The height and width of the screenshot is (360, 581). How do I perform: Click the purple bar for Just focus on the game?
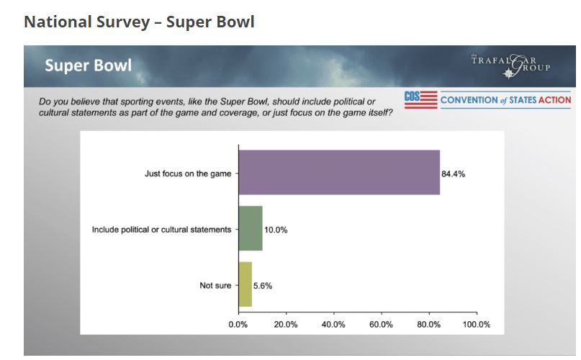[x=338, y=172]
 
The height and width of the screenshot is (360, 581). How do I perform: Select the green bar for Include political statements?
[x=250, y=229]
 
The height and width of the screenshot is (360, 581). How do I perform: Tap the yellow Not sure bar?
[x=245, y=285]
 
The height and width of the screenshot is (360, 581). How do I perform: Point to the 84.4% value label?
[x=454, y=174]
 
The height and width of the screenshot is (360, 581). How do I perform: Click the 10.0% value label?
[x=276, y=230]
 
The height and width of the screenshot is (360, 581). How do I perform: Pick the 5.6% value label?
[x=263, y=286]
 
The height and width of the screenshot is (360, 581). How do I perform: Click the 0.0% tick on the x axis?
[x=238, y=325]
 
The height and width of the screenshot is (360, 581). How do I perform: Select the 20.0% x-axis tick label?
[x=286, y=325]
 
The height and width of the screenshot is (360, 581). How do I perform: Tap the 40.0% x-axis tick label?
[x=333, y=325]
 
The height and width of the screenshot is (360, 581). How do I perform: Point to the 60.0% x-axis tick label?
[x=381, y=325]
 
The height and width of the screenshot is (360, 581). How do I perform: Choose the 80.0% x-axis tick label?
[x=429, y=325]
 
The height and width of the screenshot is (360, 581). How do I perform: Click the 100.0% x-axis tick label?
[x=476, y=325]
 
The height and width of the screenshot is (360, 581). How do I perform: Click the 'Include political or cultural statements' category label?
[x=161, y=230]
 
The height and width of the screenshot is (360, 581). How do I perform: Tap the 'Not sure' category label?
[x=215, y=286]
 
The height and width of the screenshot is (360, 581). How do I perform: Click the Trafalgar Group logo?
[x=510, y=66]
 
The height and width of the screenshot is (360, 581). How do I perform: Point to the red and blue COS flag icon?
[x=420, y=99]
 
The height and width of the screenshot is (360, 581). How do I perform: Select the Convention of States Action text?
[x=505, y=100]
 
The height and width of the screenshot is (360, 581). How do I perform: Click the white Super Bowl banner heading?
[x=88, y=66]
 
